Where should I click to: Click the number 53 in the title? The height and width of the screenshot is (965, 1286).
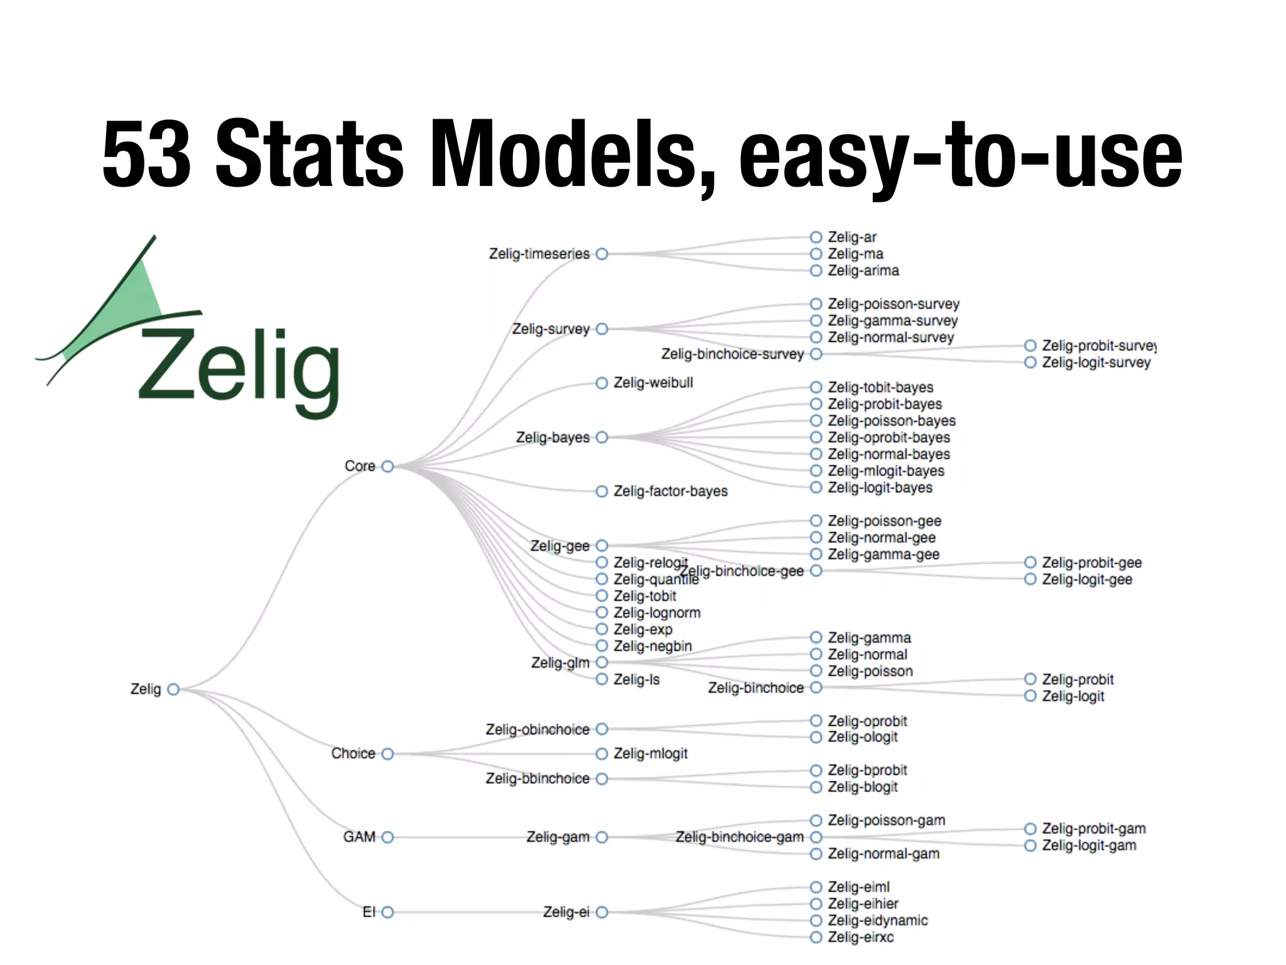pyautogui.click(x=146, y=154)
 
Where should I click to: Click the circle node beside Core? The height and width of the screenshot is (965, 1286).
pyautogui.click(x=387, y=466)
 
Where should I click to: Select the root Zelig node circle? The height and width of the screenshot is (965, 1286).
pyautogui.click(x=173, y=689)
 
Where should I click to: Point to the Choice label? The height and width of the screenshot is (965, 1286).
pyautogui.click(x=353, y=753)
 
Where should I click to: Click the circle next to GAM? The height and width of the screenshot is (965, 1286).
pyautogui.click(x=387, y=837)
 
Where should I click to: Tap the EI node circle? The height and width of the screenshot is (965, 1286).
pyautogui.click(x=387, y=912)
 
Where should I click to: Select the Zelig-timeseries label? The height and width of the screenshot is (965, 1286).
pyautogui.click(x=539, y=254)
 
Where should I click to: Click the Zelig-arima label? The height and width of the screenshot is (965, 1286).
pyautogui.click(x=863, y=271)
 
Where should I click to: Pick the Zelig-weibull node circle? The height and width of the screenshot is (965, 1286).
pyautogui.click(x=602, y=383)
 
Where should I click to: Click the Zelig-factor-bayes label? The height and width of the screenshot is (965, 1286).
pyautogui.click(x=670, y=491)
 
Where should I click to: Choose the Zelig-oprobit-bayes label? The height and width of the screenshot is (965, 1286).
pyautogui.click(x=889, y=437)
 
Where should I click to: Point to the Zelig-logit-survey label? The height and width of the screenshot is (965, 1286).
pyautogui.click(x=1096, y=363)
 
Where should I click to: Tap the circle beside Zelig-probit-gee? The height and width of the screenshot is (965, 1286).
pyautogui.click(x=1030, y=562)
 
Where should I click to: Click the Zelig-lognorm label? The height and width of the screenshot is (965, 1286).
pyautogui.click(x=656, y=613)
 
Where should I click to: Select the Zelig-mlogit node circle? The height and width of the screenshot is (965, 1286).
pyautogui.click(x=602, y=753)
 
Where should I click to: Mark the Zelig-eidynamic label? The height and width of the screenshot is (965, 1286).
pyautogui.click(x=877, y=920)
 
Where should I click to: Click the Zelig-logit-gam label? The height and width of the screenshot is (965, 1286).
pyautogui.click(x=1089, y=846)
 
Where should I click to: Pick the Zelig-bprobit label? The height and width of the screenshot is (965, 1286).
pyautogui.click(x=867, y=770)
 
